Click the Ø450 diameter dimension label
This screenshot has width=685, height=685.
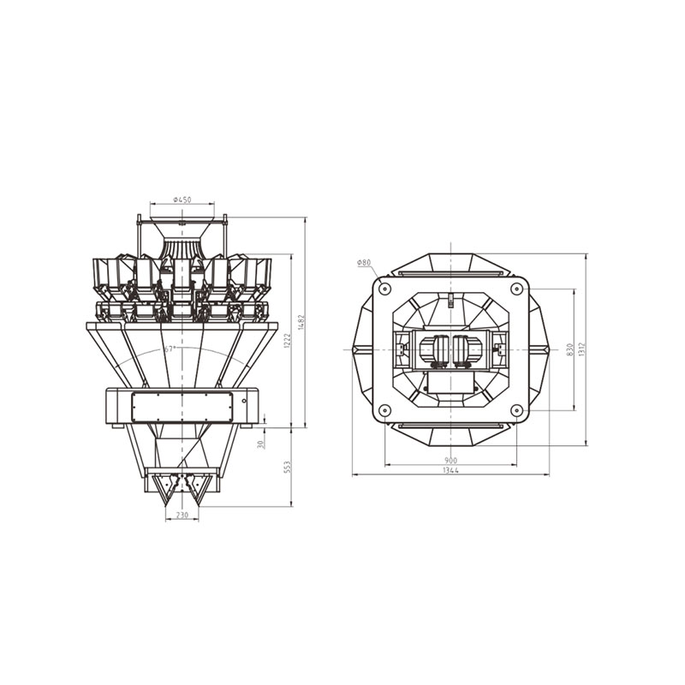pyautogui.click(x=182, y=200)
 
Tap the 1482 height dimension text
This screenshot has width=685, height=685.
pyautogui.click(x=301, y=322)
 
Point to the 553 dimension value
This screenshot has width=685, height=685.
pyautogui.click(x=287, y=467)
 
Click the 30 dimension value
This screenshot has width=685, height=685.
pyautogui.click(x=261, y=444)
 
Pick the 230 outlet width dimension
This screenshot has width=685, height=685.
pyautogui.click(x=182, y=515)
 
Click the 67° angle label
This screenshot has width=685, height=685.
pyautogui.click(x=170, y=348)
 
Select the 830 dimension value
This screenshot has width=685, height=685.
pyautogui.click(x=569, y=349)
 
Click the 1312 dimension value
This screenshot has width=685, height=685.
pyautogui.click(x=581, y=349)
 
